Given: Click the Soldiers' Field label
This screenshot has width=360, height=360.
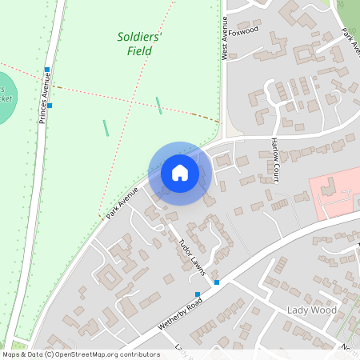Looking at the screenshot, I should click(140, 44).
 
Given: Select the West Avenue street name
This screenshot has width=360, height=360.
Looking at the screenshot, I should click(225, 39).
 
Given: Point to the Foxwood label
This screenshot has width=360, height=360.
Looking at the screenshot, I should click(244, 30).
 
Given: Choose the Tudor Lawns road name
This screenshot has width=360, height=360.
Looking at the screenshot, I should click(192, 257).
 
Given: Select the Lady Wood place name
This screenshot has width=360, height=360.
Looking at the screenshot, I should click(313, 310).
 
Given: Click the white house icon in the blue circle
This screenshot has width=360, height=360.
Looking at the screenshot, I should click(180, 173).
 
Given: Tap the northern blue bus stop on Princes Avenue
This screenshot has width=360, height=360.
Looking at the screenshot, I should click(48, 70).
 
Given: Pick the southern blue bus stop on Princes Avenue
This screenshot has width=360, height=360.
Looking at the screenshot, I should click(50, 105).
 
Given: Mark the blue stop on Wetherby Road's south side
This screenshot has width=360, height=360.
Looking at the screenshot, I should click(198, 294).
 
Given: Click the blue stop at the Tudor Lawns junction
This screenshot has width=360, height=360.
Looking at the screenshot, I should click(216, 282).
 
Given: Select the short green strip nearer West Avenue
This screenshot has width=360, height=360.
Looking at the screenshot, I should click(158, 105).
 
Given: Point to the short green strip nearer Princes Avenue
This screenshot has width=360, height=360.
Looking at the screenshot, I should click(106, 127).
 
